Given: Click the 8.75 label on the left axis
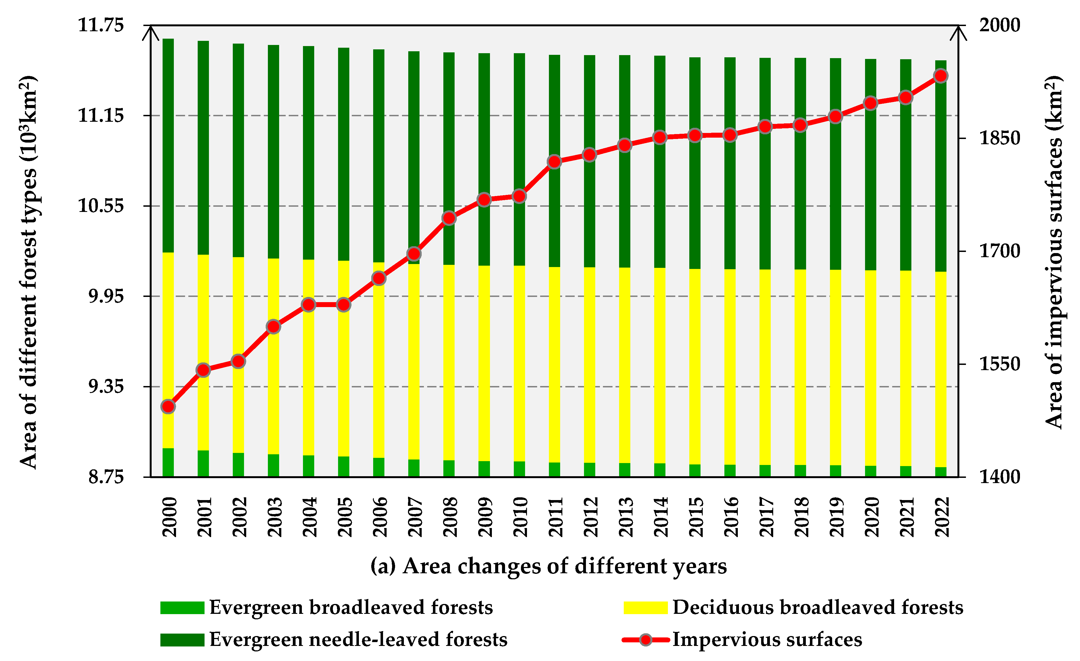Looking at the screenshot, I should [x=106, y=477].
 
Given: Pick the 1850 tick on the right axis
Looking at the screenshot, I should [x=1000, y=138].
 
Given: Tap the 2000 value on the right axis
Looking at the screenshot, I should [x=1000, y=25].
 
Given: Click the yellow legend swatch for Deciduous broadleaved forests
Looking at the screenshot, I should [x=645, y=608].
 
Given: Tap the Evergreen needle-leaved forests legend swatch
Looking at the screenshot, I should [x=182, y=640].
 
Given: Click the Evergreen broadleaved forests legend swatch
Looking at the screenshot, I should [x=182, y=608].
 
